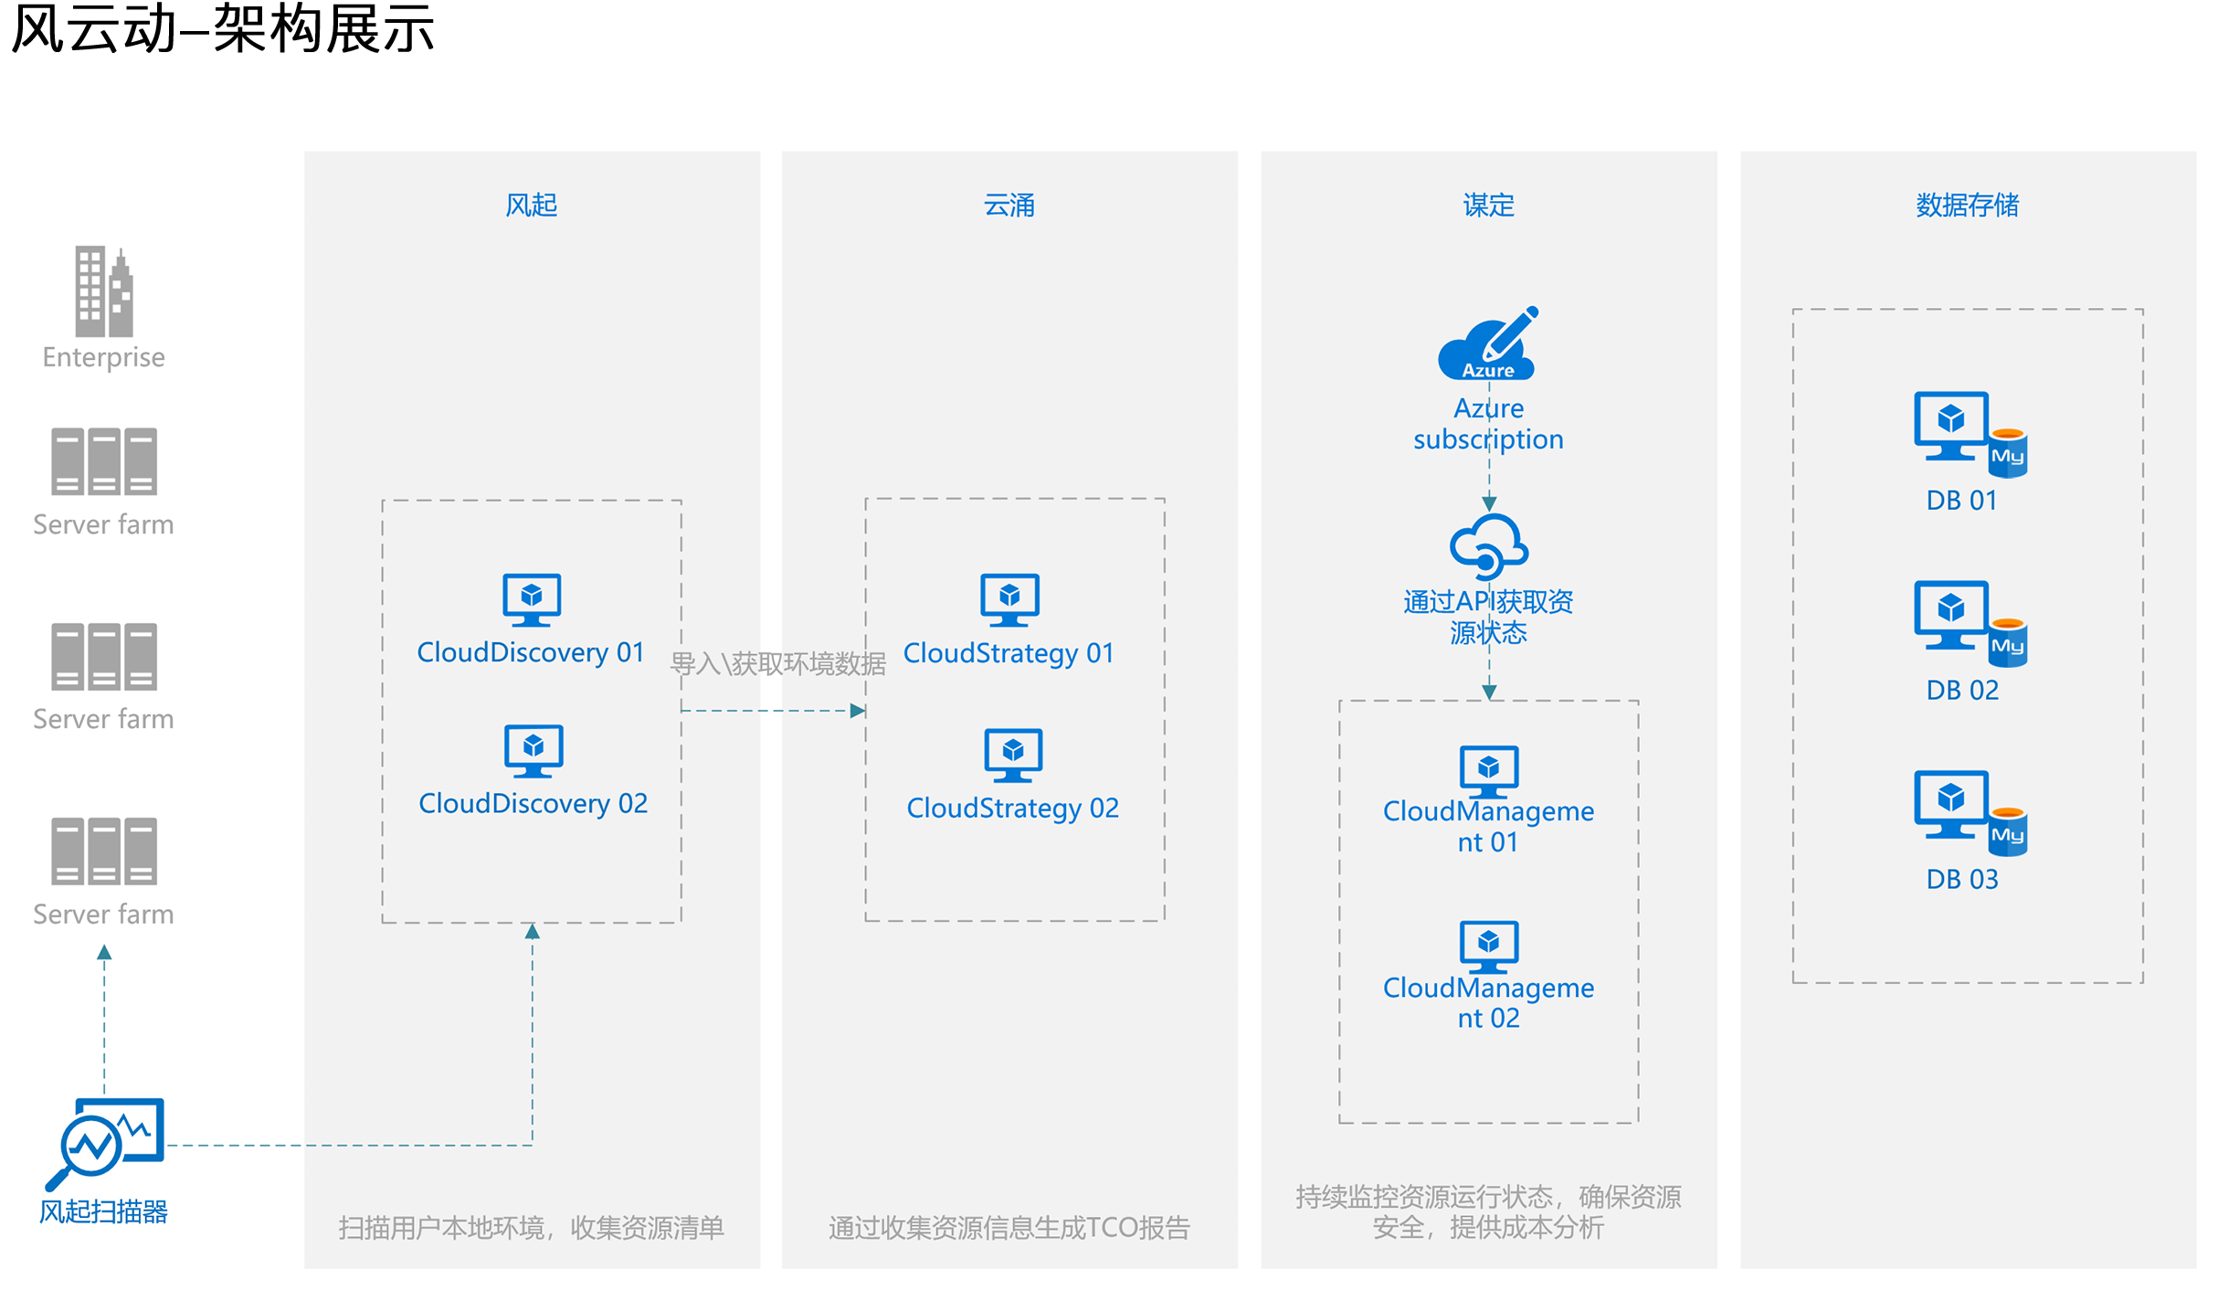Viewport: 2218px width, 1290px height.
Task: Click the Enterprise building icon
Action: [104, 291]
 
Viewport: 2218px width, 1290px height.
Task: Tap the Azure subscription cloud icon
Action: [1488, 344]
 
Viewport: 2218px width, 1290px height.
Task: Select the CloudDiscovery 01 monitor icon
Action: [532, 600]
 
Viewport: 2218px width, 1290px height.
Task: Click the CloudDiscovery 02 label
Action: [533, 804]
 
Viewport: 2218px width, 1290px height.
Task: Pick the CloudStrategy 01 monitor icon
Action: [1009, 600]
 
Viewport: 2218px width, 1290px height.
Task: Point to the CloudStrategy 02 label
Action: [1013, 809]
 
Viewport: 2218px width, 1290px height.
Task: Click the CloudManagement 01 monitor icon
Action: [1489, 772]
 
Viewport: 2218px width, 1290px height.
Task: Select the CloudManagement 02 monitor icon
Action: [1489, 947]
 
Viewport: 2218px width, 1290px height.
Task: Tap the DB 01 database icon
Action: [1970, 434]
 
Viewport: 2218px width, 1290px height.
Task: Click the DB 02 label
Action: [1962, 690]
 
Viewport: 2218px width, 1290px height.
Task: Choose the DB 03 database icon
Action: [1970, 813]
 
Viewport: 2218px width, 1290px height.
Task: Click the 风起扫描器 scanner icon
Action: [106, 1143]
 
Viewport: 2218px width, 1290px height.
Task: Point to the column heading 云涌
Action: [1009, 205]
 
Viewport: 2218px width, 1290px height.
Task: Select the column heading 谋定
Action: [1489, 205]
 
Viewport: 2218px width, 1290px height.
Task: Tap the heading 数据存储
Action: [1968, 205]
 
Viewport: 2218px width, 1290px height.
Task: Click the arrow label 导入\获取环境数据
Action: [778, 663]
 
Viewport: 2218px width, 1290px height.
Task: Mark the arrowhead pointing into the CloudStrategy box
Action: [858, 711]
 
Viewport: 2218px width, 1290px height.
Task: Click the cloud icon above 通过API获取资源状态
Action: [1489, 546]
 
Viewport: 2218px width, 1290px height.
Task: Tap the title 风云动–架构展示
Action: [223, 29]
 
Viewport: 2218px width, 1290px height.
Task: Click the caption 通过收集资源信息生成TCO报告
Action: [1009, 1228]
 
